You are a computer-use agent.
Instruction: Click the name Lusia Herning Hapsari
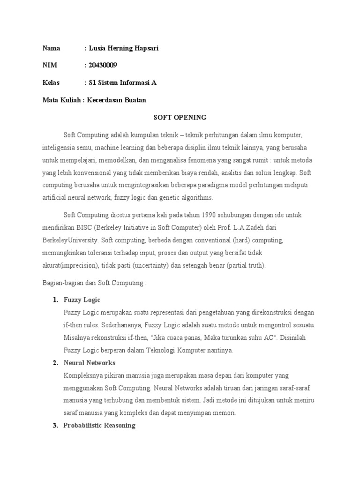pyautogui.click(x=123, y=48)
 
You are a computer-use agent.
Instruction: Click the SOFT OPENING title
pyautogui.click(x=180, y=117)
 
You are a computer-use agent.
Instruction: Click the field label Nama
pyautogui.click(x=52, y=48)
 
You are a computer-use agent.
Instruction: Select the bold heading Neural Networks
pyautogui.click(x=89, y=363)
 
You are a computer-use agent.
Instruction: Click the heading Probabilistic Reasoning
pyautogui.click(x=99, y=426)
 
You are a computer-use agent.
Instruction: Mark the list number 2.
pyautogui.click(x=55, y=363)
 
